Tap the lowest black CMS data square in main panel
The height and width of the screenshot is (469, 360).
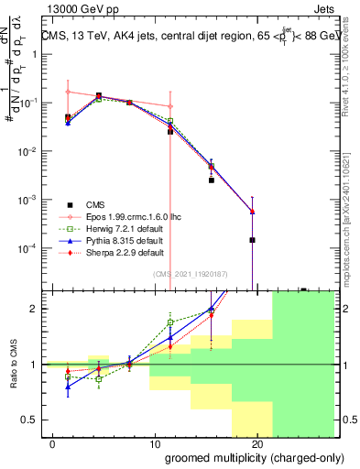[x=251, y=240]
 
